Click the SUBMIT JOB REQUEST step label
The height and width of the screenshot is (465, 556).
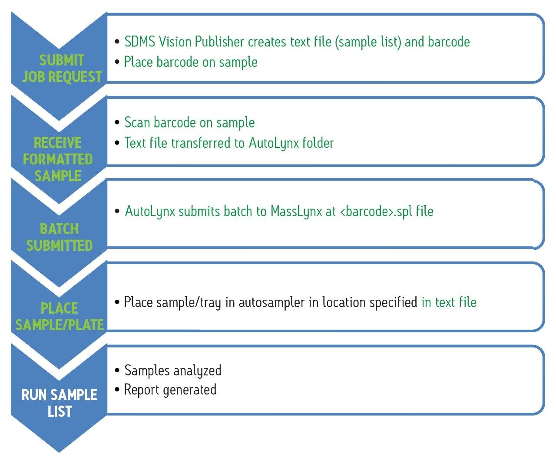tap(61, 69)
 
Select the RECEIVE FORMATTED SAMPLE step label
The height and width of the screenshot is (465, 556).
tap(58, 159)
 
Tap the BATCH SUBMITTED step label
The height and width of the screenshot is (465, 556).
tap(59, 237)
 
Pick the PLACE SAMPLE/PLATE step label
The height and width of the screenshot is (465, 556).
tap(60, 316)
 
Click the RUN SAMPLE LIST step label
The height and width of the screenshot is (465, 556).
tap(60, 403)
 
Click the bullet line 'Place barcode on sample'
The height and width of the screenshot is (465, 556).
tap(190, 62)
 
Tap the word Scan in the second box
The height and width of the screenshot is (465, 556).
tap(137, 122)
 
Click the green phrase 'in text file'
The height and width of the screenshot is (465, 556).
tap(449, 302)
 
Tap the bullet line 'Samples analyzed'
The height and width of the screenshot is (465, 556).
tap(172, 370)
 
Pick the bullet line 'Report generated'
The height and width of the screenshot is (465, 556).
tap(170, 390)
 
